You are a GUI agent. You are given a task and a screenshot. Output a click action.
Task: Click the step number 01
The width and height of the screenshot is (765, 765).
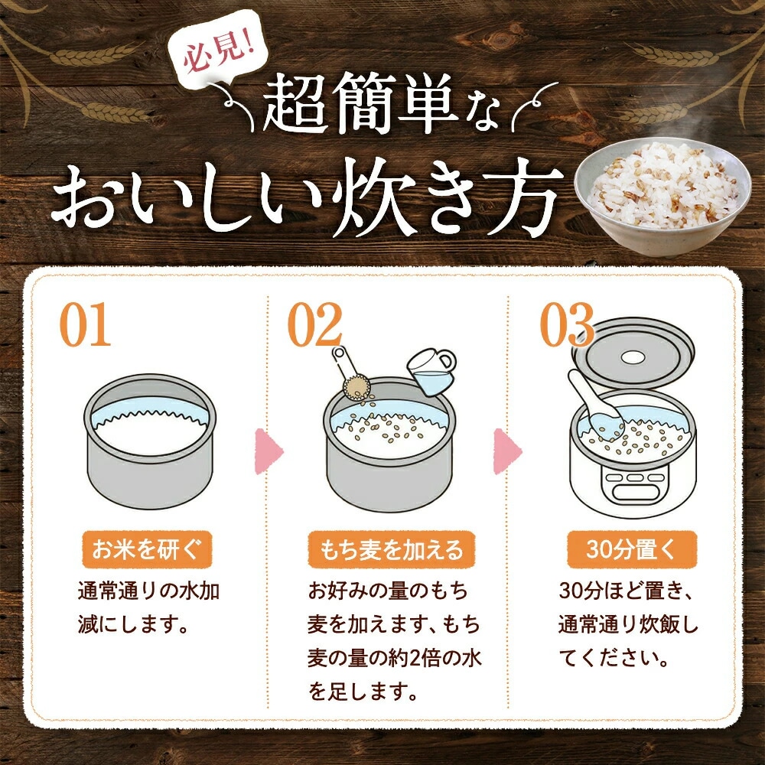click(86, 324)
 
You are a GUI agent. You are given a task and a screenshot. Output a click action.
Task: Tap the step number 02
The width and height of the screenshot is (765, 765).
click(314, 324)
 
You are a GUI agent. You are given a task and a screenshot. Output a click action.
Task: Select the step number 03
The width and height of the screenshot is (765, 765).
click(567, 324)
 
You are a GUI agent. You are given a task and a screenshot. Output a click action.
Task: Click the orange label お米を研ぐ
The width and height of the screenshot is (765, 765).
click(147, 550)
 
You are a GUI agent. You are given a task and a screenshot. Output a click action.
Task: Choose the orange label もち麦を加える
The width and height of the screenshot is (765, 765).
click(391, 550)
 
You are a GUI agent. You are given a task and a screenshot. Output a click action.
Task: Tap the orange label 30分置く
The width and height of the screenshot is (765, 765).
click(632, 550)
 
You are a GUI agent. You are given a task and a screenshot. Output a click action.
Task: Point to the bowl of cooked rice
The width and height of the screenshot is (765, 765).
click(663, 197)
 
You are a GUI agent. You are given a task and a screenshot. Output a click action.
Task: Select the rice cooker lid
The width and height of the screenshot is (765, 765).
click(633, 353)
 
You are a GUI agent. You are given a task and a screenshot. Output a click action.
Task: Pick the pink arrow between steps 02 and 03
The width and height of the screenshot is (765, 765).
click(507, 451)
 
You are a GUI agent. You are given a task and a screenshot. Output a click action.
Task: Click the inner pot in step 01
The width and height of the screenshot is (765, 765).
click(150, 441)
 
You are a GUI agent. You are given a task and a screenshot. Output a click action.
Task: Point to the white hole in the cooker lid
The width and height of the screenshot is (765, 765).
click(633, 357)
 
